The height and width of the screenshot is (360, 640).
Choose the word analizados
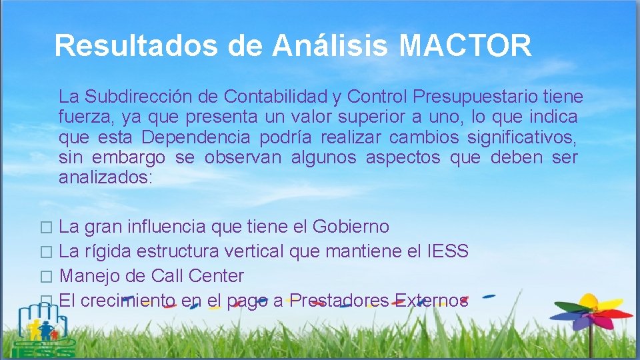[105, 178]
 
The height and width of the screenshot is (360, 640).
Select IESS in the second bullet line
[447, 251]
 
